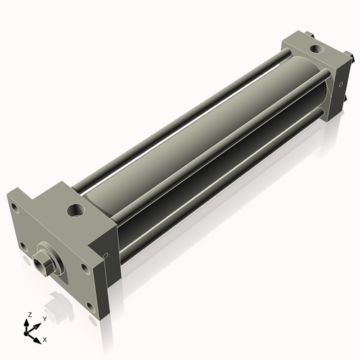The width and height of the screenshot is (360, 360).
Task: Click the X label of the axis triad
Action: coord(45,340)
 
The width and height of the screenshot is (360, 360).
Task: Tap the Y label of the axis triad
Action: coord(45,319)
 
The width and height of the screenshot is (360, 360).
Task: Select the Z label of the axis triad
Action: coord(30,315)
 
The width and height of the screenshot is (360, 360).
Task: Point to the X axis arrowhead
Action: coord(37,341)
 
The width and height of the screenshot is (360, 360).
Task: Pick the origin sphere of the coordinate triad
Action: coord(26,333)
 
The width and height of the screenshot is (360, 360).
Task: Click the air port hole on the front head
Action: coord(76,210)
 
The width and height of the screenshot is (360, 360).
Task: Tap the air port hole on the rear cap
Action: coord(317,49)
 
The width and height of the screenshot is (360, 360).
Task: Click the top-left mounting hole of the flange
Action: coord(15,208)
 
